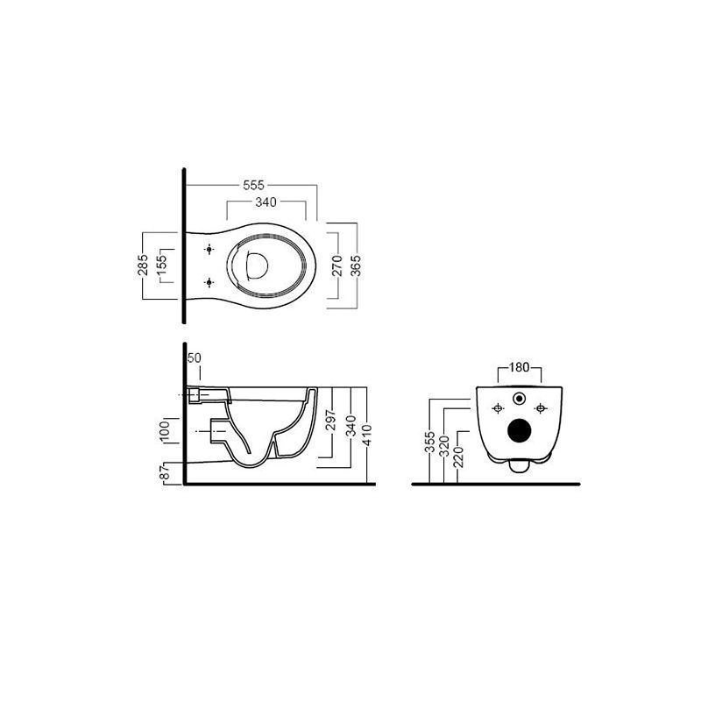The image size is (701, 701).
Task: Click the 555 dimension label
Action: point(253,185)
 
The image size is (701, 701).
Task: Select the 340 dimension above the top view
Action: point(266,202)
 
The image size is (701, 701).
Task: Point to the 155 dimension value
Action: point(161,266)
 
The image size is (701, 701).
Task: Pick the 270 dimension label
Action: point(337,266)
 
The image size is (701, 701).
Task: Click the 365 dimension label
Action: point(356,266)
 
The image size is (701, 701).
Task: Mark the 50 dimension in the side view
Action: point(194,358)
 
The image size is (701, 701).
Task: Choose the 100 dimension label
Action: point(165,431)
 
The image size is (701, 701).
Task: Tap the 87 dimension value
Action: point(166,472)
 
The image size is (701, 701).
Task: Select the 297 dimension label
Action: point(331,420)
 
